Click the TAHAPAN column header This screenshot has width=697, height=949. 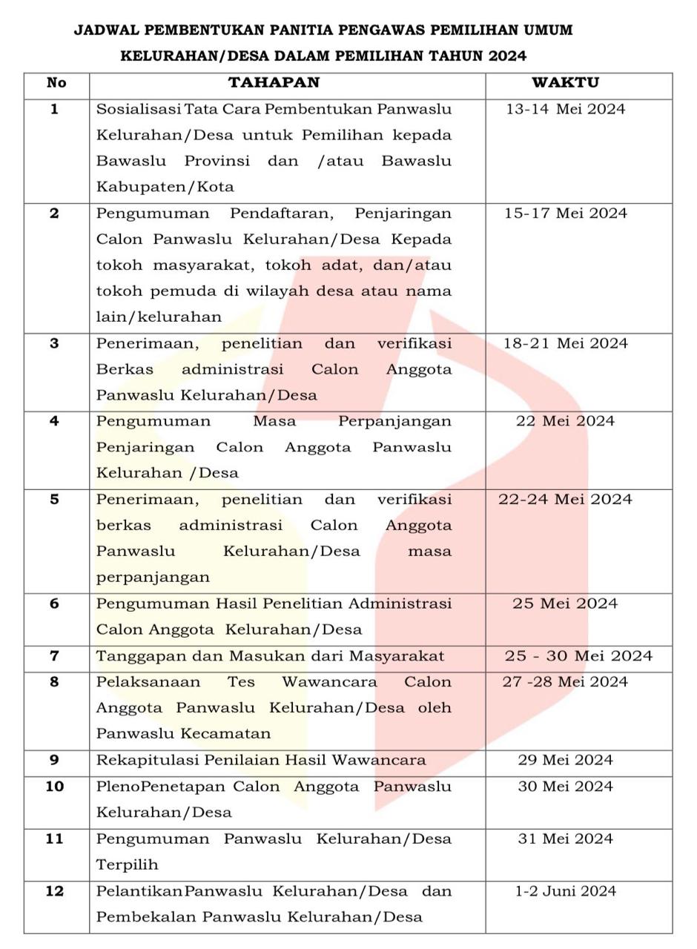pyautogui.click(x=274, y=83)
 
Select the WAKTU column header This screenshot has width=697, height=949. pyautogui.click(x=565, y=83)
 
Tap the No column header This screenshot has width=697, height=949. pyautogui.click(x=56, y=83)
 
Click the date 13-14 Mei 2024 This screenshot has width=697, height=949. pyautogui.click(x=565, y=110)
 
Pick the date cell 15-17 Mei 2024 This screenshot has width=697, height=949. pyautogui.click(x=565, y=214)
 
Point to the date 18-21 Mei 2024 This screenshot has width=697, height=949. pyautogui.click(x=565, y=343)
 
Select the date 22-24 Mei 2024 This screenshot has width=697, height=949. pyautogui.click(x=565, y=499)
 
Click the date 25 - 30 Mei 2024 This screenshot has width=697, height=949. pyautogui.click(x=578, y=656)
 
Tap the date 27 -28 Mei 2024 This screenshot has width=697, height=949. pyautogui.click(x=565, y=682)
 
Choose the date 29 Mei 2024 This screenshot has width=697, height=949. pyautogui.click(x=565, y=760)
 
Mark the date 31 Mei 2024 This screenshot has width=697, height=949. pyautogui.click(x=565, y=839)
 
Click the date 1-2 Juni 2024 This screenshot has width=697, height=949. pyautogui.click(x=565, y=891)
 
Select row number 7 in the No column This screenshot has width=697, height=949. pyautogui.click(x=54, y=656)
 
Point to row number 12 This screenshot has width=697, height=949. pyautogui.click(x=55, y=891)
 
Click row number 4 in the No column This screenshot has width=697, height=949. pyautogui.click(x=54, y=421)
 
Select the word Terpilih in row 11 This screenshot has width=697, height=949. pyautogui.click(x=127, y=865)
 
